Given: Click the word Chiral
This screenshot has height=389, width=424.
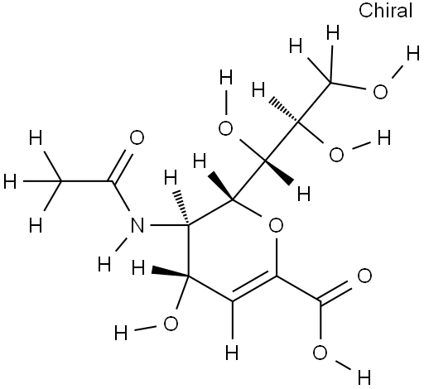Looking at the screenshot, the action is [x=385, y=11].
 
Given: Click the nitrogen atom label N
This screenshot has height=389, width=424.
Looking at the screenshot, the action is [x=137, y=225].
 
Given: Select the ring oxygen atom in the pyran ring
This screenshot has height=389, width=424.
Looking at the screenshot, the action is [x=276, y=225].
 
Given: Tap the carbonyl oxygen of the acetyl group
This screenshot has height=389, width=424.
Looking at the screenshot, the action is [x=137, y=137].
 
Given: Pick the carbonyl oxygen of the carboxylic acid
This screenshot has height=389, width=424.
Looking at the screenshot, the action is [x=364, y=276].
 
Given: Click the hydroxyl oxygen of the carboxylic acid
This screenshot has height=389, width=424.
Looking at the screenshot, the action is [x=320, y=353].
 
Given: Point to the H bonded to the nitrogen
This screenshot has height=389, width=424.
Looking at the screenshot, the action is [x=104, y=264].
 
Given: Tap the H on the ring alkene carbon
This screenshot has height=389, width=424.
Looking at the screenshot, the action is [x=232, y=353].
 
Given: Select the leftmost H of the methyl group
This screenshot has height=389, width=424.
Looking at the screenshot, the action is [x=10, y=181].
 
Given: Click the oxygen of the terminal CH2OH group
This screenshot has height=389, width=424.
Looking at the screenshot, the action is [x=380, y=92].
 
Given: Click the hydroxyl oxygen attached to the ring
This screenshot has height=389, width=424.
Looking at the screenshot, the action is [x=171, y=324].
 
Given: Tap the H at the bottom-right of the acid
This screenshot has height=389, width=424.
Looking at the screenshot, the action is [x=364, y=377].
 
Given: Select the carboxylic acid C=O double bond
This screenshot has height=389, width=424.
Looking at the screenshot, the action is [x=335, y=291].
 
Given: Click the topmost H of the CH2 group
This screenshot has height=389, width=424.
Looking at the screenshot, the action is [x=333, y=34].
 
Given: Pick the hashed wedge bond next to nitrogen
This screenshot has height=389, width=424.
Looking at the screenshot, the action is [x=181, y=207].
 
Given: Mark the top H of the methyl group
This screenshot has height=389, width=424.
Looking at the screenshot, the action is [x=36, y=137].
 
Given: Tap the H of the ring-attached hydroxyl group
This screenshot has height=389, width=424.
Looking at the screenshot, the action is [x=121, y=333].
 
